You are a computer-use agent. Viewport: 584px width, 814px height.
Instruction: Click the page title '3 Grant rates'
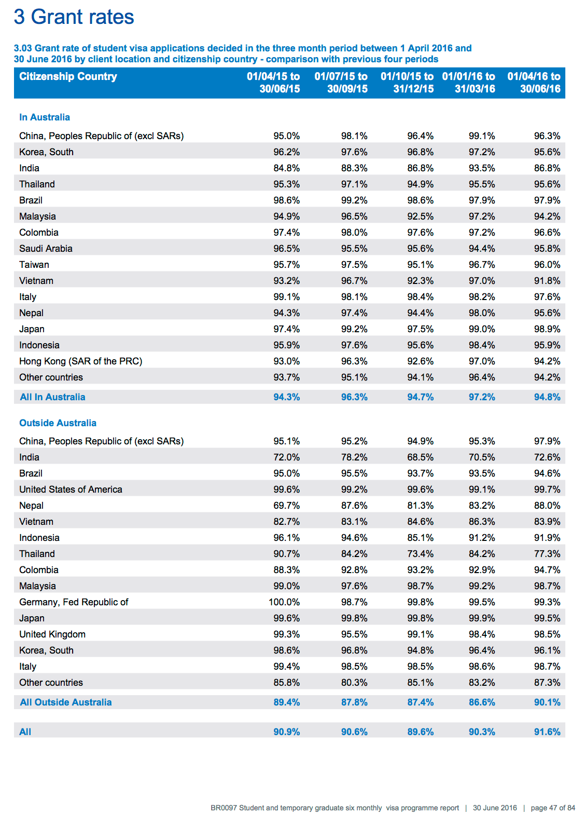tap(74, 17)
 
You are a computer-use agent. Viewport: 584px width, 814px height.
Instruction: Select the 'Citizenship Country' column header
tap(68, 76)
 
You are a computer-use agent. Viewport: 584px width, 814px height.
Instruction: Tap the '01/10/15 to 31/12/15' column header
tap(407, 83)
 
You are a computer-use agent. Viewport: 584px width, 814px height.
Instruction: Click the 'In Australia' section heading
tap(44, 117)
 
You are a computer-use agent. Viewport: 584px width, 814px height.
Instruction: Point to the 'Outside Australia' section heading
tap(58, 423)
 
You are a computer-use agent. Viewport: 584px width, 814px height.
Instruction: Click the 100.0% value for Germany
tap(284, 602)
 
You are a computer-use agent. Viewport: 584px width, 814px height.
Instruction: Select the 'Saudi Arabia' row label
tap(46, 249)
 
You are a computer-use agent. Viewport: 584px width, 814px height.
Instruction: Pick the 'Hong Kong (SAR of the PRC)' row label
tap(80, 361)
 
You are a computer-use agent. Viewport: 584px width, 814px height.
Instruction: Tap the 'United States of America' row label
tap(71, 490)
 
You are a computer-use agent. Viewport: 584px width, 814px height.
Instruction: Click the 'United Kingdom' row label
tap(52, 634)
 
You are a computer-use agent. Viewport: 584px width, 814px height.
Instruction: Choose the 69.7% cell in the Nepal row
tap(286, 506)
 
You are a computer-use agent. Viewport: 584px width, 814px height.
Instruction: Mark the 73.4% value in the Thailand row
tap(420, 554)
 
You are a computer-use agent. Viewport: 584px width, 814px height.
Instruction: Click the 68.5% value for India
tap(420, 457)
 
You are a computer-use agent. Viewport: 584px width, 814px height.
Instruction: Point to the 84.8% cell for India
tap(286, 168)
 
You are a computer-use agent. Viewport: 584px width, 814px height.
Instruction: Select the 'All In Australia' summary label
tap(52, 397)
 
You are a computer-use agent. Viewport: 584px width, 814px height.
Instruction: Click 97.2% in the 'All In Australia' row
tap(482, 397)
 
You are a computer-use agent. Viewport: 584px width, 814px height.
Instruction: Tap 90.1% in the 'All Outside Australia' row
tap(547, 702)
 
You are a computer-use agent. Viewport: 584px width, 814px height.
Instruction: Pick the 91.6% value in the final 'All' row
tap(547, 731)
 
